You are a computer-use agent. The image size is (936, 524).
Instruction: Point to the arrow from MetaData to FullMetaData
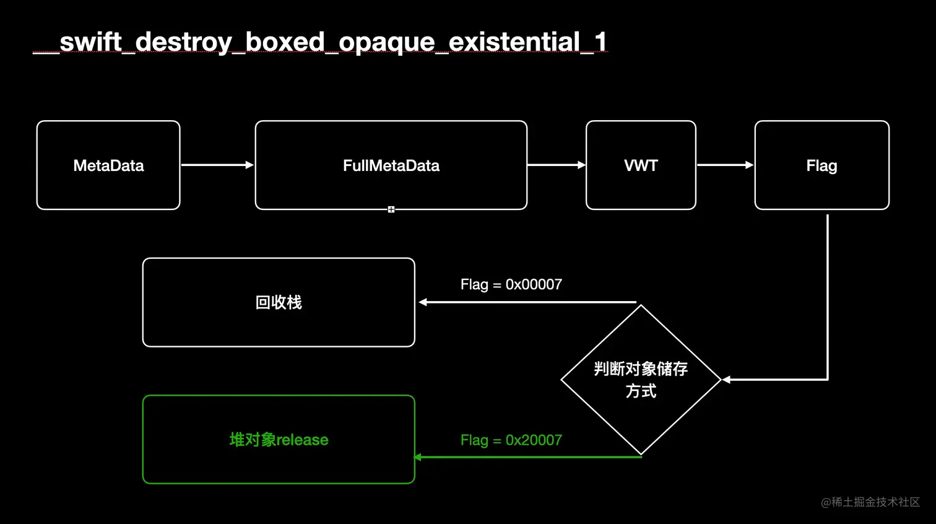coord(217,165)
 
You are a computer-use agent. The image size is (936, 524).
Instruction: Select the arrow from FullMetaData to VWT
coord(557,165)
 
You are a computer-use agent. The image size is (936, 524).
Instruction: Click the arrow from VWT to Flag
coord(726,165)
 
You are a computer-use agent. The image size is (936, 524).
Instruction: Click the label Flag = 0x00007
coord(511,284)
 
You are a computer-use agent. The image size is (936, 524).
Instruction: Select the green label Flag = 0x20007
coord(511,440)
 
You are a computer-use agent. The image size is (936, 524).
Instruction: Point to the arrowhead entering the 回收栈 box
coord(422,302)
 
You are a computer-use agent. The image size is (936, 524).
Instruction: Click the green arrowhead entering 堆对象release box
coord(417,457)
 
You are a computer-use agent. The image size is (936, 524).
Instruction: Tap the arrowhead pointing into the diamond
coord(726,380)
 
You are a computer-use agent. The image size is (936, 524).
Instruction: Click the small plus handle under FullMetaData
coord(391,209)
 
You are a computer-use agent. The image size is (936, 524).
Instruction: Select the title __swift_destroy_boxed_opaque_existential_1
coord(320,42)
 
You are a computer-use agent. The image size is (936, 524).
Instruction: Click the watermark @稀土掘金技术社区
coord(870,502)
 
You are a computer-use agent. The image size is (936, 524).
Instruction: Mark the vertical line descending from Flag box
coord(827,297)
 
